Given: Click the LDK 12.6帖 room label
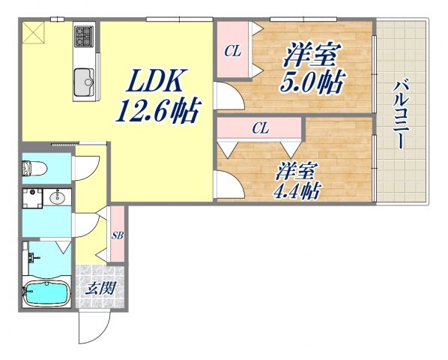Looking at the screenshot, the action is point(157,96).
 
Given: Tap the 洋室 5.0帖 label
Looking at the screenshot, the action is point(313,68).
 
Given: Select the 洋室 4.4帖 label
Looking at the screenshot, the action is point(297,181).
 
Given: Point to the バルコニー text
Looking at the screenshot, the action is point(401,115).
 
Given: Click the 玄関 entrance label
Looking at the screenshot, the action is point(101,288).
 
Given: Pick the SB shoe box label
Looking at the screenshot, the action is point(117,235).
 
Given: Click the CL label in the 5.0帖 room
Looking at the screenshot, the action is point(232,52).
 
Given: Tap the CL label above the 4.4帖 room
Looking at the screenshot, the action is point(261,128).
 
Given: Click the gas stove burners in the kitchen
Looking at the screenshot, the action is point(84,36).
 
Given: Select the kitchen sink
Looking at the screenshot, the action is point(85,82).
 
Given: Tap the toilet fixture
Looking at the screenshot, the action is point(34,169).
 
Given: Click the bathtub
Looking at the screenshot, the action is point(47,293).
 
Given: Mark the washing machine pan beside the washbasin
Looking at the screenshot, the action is point(32,198).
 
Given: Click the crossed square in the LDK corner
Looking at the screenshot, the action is point(34,32).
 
